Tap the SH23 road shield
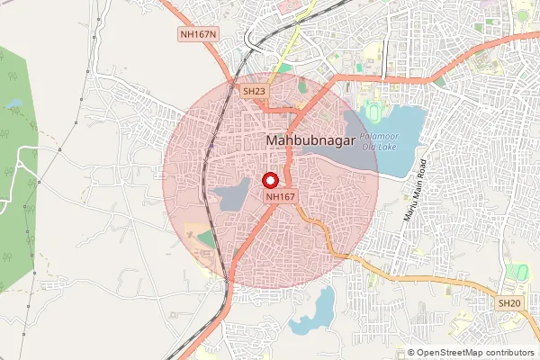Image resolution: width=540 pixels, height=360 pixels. click(254, 91)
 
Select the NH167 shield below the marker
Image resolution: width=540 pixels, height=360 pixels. click(280, 195)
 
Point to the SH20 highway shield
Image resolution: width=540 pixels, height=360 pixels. click(508, 304)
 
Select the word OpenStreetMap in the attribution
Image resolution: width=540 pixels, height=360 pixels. click(454, 353)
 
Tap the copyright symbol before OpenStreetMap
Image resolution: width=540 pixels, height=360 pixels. click(410, 353)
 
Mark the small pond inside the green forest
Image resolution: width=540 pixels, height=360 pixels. click(13, 104)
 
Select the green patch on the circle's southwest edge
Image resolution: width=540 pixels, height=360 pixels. click(208, 239)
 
